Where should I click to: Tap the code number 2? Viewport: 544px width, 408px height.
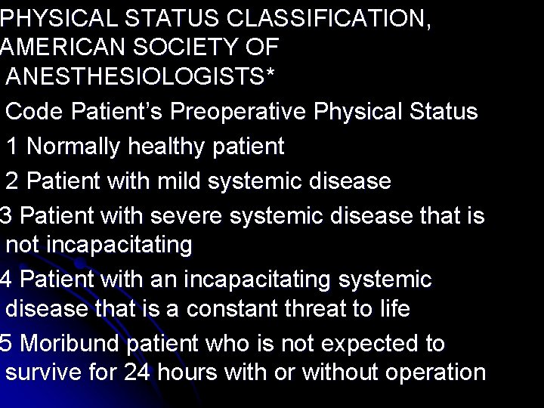pyautogui.click(x=13, y=181)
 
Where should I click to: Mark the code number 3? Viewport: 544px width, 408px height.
pyautogui.click(x=6, y=215)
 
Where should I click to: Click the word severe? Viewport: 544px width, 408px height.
pyautogui.click(x=184, y=215)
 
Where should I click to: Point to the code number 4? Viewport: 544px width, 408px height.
pyautogui.click(x=6, y=280)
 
